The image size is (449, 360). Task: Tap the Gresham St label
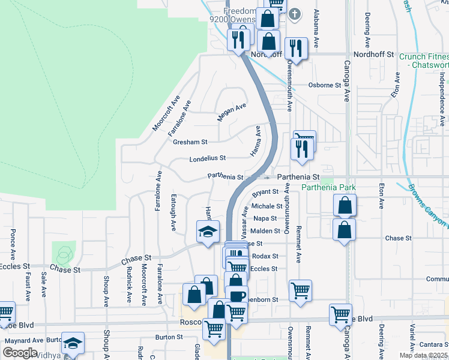click(190, 142)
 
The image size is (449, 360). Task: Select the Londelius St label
click(207, 158)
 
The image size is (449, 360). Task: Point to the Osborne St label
click(324, 85)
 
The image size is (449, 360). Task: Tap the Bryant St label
click(265, 193)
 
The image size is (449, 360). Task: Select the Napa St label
click(264, 218)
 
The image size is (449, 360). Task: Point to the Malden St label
click(265, 231)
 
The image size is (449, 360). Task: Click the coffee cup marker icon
click(238, 296)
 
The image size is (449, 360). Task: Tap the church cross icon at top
click(294, 14)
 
